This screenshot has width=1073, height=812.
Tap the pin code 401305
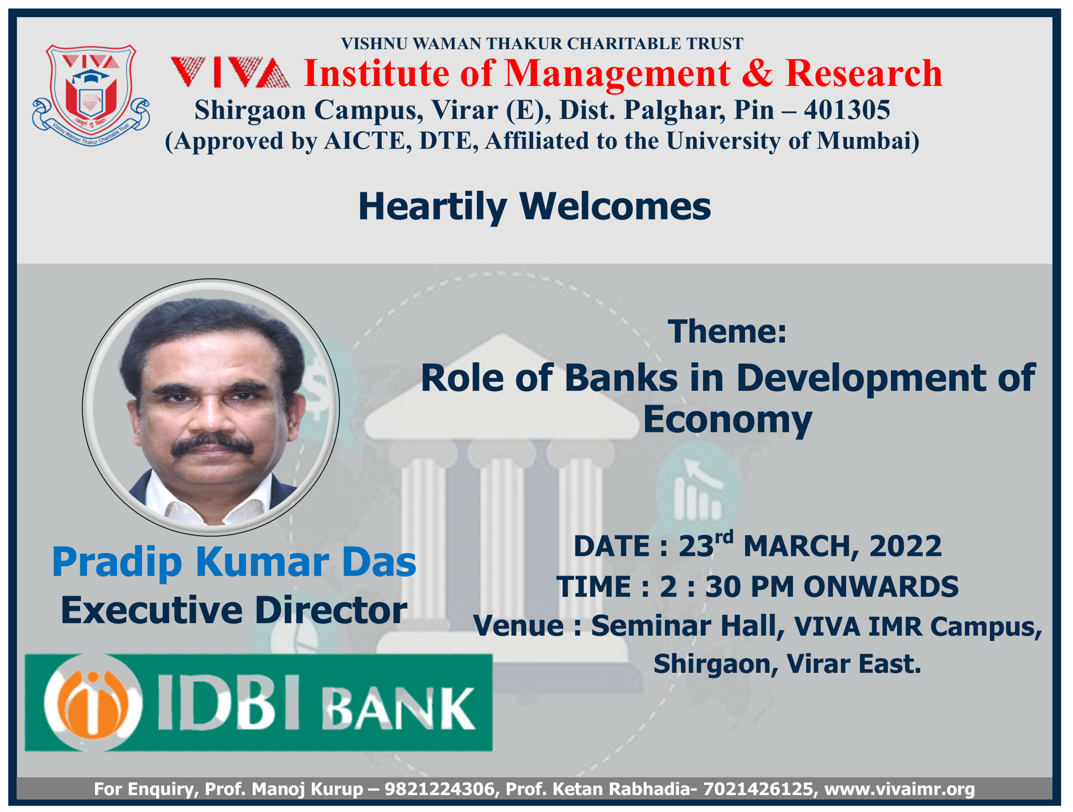coord(847,110)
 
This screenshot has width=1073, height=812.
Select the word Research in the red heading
coord(864,73)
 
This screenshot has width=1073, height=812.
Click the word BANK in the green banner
coord(399,709)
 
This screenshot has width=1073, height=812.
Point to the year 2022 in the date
coord(905,546)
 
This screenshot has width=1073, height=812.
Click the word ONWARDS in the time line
coord(881,587)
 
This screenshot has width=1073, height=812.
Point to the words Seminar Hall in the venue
coord(687,626)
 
